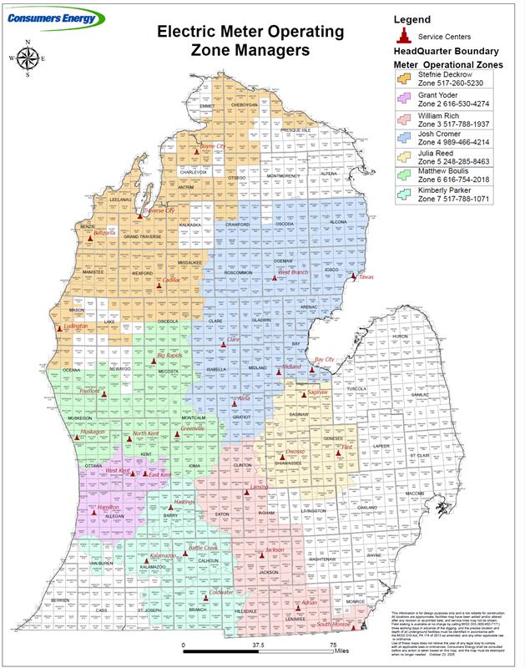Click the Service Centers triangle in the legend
(406, 36)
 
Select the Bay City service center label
(324, 360)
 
